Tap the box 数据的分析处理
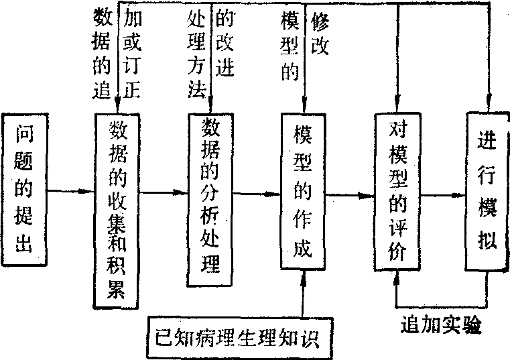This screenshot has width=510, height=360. coord(210,197)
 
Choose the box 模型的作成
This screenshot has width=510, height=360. coord(303,192)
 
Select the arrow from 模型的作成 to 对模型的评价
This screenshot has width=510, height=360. coord(349,195)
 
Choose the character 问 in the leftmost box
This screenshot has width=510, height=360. coord(27,135)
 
